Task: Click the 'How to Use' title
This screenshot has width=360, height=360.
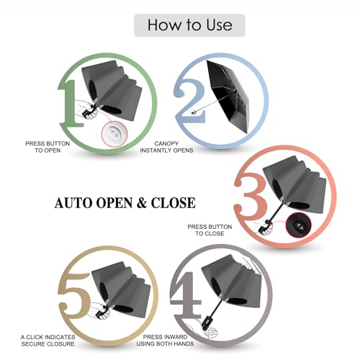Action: click(189, 24)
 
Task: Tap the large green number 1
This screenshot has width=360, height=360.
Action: click(71, 103)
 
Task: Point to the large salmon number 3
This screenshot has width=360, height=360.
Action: click(250, 196)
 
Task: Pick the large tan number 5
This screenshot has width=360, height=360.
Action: click(74, 295)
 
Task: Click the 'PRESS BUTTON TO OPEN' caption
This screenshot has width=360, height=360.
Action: click(48, 147)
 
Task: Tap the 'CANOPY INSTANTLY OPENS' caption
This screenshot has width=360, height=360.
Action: click(166, 147)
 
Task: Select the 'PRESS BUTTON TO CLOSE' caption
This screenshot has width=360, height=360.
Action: click(210, 230)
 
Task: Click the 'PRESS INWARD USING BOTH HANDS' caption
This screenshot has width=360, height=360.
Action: click(165, 341)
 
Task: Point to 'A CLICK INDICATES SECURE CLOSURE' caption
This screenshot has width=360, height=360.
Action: click(48, 341)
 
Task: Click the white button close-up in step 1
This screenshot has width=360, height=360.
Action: click(114, 134)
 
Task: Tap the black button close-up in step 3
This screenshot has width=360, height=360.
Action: click(299, 225)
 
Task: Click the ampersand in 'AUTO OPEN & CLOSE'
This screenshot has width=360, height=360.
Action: click(142, 203)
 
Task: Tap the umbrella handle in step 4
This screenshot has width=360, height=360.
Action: click(207, 320)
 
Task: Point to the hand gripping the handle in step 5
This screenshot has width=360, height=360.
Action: click(99, 311)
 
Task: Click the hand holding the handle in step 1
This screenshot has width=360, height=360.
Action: click(87, 110)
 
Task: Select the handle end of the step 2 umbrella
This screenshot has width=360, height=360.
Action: click(194, 112)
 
